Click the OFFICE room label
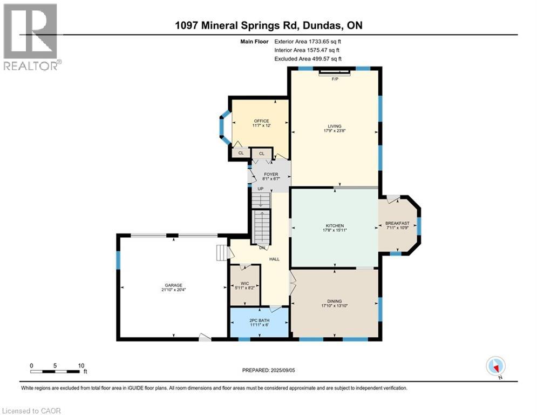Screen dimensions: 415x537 [x=261, y=121]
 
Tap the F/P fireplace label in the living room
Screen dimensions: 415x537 [x=335, y=79]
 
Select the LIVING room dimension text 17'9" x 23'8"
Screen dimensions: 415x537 [x=335, y=130]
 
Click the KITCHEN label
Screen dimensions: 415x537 [x=335, y=226]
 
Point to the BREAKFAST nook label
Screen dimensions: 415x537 [x=397, y=224]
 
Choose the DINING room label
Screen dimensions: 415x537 [x=335, y=302]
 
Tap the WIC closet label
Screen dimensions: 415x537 [x=244, y=283]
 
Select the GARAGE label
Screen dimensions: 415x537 [x=173, y=285]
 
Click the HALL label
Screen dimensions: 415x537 [x=274, y=259]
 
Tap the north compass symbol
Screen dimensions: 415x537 [x=495, y=366]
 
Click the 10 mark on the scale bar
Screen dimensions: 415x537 [x=81, y=366]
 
